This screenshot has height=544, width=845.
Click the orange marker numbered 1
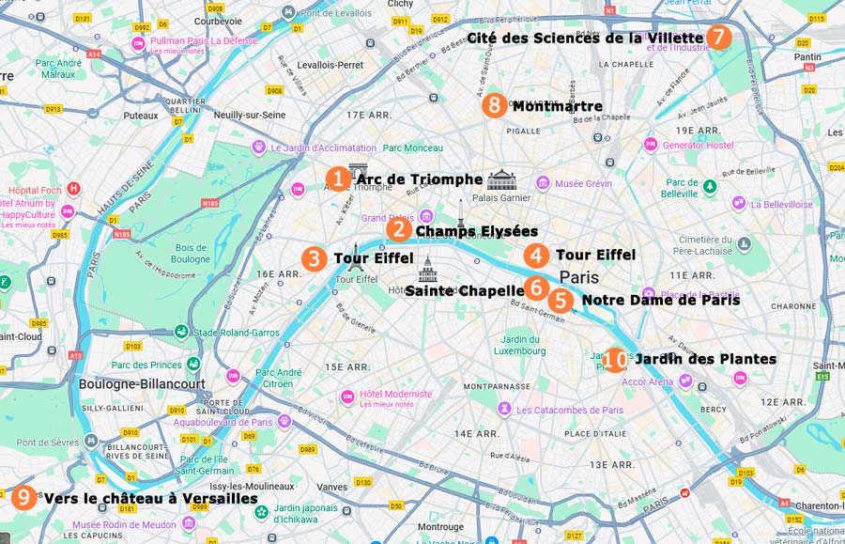[x=339, y=179]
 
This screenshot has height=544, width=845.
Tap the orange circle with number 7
[x=718, y=38]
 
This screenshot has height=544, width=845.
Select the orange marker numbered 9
[x=24, y=498]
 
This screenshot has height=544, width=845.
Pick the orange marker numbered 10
[x=615, y=360]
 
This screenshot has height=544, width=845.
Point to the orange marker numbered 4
[x=536, y=256]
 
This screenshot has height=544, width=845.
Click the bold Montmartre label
[x=557, y=107]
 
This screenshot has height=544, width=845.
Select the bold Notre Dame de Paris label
[x=660, y=301]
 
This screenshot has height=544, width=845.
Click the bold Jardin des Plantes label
[x=705, y=359]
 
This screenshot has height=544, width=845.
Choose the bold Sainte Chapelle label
[x=464, y=291]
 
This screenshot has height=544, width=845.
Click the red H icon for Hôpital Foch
[x=74, y=189]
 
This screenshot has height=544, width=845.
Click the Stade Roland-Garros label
[x=237, y=332]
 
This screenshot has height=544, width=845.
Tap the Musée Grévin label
[x=585, y=183]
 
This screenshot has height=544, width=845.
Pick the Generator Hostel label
[x=698, y=145]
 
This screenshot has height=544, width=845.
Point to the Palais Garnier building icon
[x=501, y=179]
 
